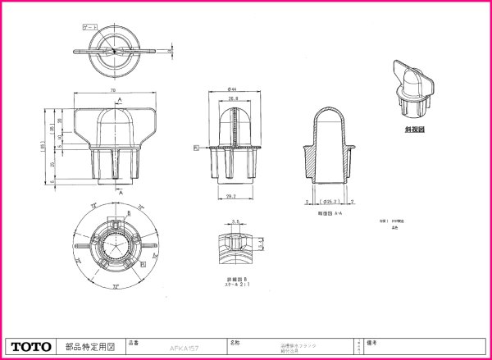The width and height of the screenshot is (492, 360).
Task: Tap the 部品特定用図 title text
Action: (x=89, y=346)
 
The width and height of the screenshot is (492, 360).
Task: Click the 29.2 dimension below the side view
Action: (x=230, y=196)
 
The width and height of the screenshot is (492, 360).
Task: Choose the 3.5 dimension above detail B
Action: (x=235, y=221)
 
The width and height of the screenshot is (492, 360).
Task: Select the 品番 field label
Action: (x=134, y=339)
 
